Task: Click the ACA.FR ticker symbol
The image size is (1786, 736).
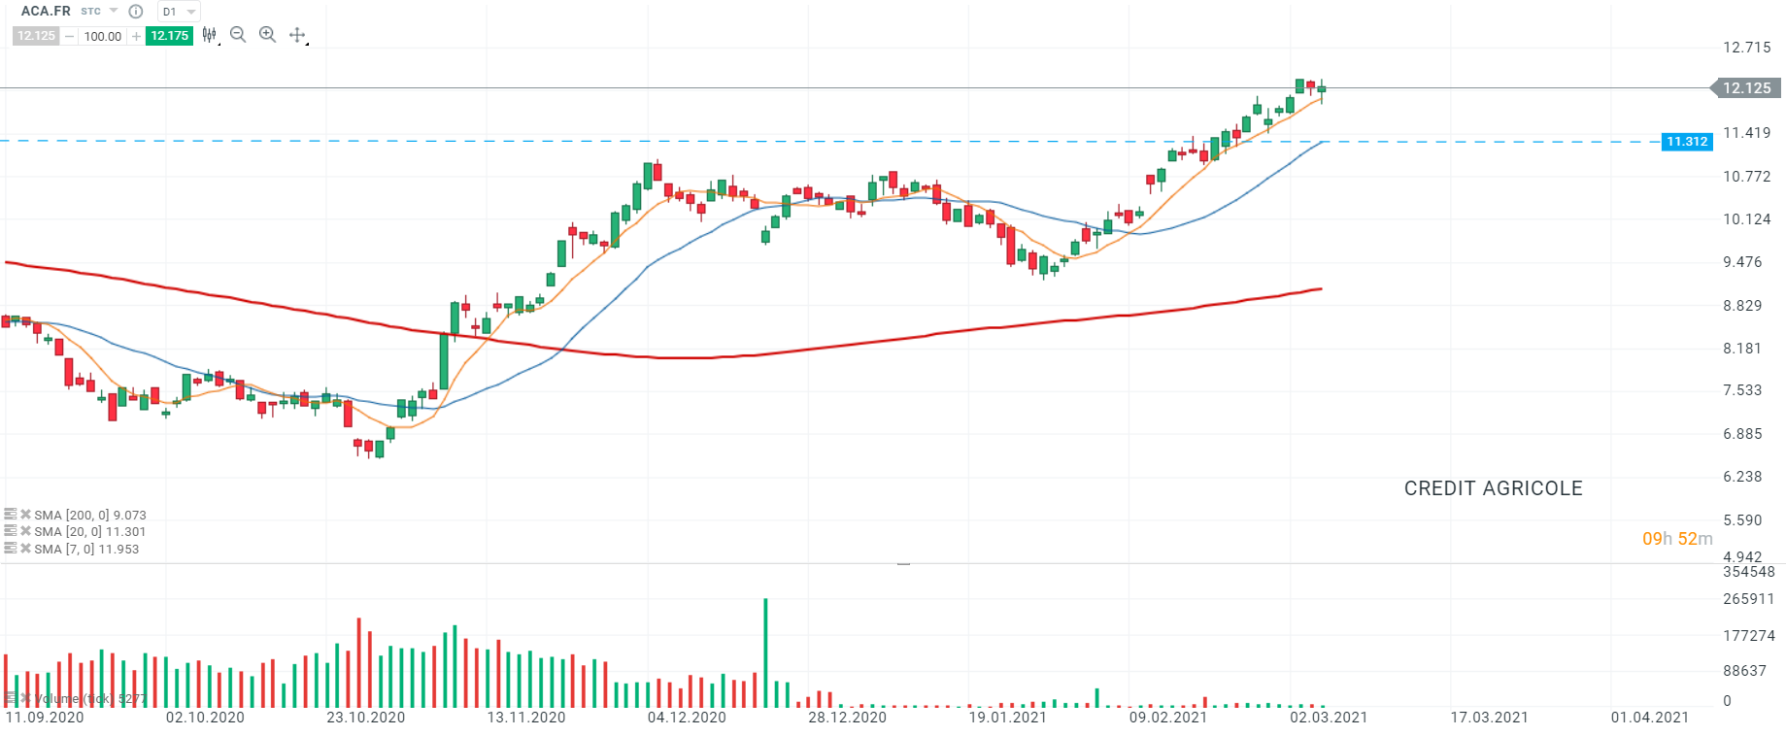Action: [46, 11]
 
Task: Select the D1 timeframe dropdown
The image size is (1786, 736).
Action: [178, 12]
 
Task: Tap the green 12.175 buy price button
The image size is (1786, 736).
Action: [169, 36]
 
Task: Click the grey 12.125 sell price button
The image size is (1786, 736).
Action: [36, 36]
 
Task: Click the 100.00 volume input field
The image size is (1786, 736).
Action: [102, 37]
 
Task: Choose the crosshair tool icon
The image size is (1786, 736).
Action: [297, 35]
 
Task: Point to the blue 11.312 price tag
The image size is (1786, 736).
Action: [1687, 142]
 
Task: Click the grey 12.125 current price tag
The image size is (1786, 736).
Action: [1746, 88]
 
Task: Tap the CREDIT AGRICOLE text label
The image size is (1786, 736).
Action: [1493, 488]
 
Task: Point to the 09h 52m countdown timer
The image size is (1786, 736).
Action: [1676, 539]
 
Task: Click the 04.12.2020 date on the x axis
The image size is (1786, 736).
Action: [687, 718]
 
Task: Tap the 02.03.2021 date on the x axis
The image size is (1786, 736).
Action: [1328, 718]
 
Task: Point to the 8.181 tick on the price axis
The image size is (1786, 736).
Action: [1741, 349]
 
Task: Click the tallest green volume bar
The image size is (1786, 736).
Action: [765, 652]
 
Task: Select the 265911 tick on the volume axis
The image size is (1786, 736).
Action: [1748, 599]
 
